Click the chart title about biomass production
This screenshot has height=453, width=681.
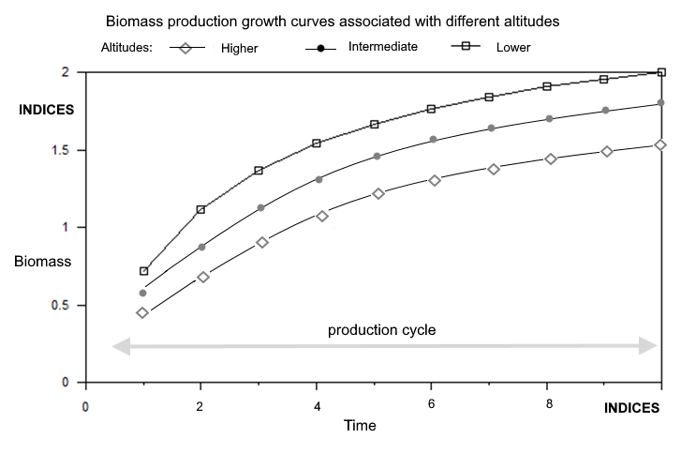333,22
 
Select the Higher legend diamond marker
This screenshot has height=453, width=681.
185,48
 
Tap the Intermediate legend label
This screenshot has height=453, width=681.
382,47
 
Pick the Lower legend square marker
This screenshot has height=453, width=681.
466,46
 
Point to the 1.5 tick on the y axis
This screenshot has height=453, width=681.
60,150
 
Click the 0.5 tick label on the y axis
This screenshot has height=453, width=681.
60,305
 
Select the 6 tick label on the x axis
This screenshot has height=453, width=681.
431,404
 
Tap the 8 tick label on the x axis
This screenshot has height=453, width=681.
549,404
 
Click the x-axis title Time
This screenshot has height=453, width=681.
360,425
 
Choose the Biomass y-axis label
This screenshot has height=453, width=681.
42,261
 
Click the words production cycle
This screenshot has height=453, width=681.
382,329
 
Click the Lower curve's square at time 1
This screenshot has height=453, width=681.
143,271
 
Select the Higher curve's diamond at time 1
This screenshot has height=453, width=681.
142,312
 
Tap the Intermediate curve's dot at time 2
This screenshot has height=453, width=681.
201,247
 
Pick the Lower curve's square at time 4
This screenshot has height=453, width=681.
317,143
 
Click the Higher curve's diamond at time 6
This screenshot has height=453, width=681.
435,180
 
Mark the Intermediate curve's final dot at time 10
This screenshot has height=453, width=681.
661,102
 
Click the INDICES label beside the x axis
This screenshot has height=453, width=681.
631,408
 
